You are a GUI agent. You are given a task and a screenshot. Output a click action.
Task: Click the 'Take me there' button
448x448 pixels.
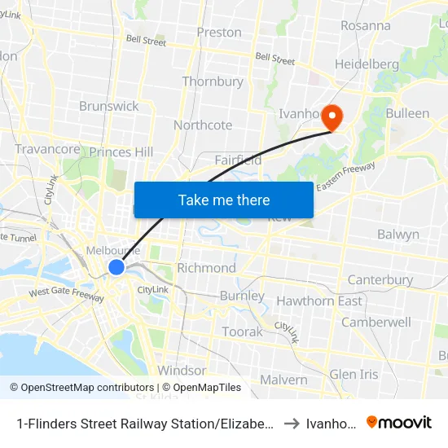coord(224,200)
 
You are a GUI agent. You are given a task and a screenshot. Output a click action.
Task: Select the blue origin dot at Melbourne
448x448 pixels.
coord(116,267)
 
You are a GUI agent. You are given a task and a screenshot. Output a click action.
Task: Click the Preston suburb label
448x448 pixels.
coord(219,33)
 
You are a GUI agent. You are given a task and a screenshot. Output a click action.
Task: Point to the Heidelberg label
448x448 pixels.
coord(367,64)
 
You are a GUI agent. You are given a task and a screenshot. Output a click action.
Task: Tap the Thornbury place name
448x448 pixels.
coord(213,81)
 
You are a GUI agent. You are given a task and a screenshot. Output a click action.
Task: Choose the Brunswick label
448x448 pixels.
coord(109,106)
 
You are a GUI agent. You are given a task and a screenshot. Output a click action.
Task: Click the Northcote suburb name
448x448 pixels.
coord(203,125)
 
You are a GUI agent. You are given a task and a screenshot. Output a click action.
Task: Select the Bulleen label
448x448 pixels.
coord(407,113)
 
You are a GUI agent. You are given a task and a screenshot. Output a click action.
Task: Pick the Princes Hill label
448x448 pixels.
coord(121,152)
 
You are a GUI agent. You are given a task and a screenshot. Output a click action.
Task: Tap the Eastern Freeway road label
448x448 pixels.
coord(345,177)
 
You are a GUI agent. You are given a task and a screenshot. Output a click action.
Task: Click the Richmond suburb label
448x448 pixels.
coord(206,268)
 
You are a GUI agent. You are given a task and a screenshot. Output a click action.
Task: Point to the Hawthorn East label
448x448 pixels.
coord(319,301)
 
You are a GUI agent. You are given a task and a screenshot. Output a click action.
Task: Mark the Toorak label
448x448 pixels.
coord(243,332)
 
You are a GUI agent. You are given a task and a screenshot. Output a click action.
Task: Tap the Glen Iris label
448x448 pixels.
coord(354,374)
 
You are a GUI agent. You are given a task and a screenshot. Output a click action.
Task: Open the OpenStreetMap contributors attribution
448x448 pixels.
coord(81,388)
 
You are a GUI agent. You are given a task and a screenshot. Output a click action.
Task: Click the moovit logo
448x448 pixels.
coord(399,422)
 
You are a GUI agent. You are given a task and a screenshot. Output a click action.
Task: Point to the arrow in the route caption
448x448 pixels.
coord(291,424)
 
